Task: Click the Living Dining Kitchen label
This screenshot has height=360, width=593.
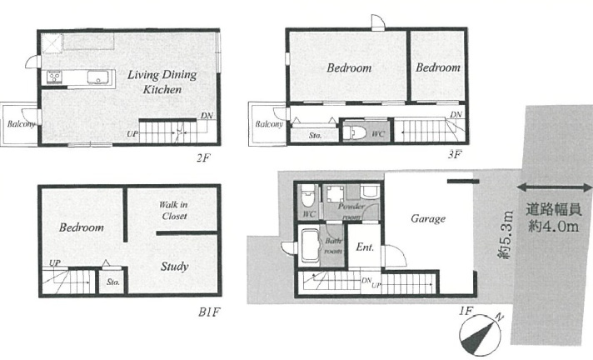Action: [x=162, y=82]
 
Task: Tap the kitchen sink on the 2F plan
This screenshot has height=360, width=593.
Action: [x=98, y=77]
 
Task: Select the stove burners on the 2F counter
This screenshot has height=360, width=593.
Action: [x=54, y=77]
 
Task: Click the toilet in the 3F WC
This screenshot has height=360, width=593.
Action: [x=355, y=133]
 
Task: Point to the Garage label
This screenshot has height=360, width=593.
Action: [x=428, y=219]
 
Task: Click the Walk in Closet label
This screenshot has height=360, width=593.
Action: [x=173, y=211]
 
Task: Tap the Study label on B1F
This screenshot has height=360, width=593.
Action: [x=174, y=267]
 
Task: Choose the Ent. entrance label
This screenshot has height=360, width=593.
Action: [x=365, y=247]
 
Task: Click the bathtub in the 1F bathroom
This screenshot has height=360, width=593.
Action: [x=311, y=247]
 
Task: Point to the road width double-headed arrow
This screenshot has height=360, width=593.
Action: [x=554, y=187]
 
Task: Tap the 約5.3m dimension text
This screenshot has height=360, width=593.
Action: [x=506, y=235]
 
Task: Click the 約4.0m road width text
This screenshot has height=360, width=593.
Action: [x=554, y=227]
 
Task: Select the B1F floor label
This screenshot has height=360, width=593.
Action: [x=209, y=312]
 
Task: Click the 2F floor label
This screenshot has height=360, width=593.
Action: [x=203, y=157]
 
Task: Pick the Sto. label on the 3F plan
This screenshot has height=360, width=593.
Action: [x=315, y=135]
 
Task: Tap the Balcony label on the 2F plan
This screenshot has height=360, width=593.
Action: [x=21, y=124]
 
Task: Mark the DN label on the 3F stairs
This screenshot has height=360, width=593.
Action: [x=456, y=114]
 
